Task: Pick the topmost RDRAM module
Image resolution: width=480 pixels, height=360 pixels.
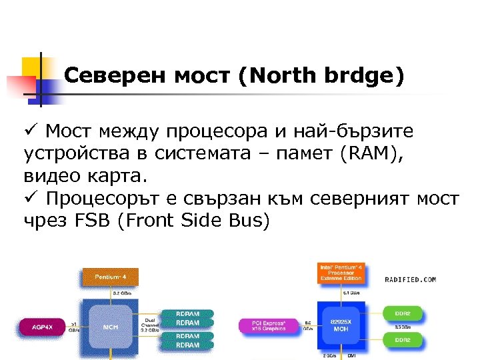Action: pos(187,313)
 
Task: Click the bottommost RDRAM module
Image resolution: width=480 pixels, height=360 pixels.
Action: pos(187,345)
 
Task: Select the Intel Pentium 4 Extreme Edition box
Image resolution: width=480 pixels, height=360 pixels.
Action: pos(340,273)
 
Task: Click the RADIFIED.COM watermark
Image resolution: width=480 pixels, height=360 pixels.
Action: pos(410,280)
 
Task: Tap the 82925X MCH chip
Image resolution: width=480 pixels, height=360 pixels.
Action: pos(340,327)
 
